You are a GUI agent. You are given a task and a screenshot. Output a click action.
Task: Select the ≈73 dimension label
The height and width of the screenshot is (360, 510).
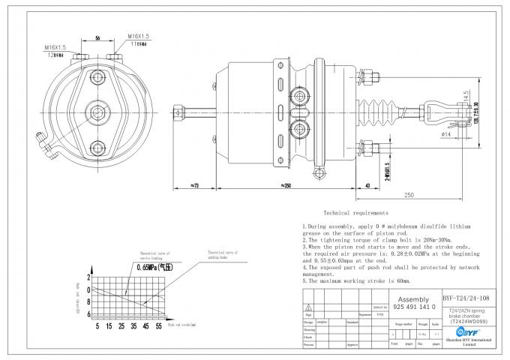(x=195, y=184)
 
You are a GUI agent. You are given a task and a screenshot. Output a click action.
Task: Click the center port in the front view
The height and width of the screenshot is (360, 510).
(x=98, y=112)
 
